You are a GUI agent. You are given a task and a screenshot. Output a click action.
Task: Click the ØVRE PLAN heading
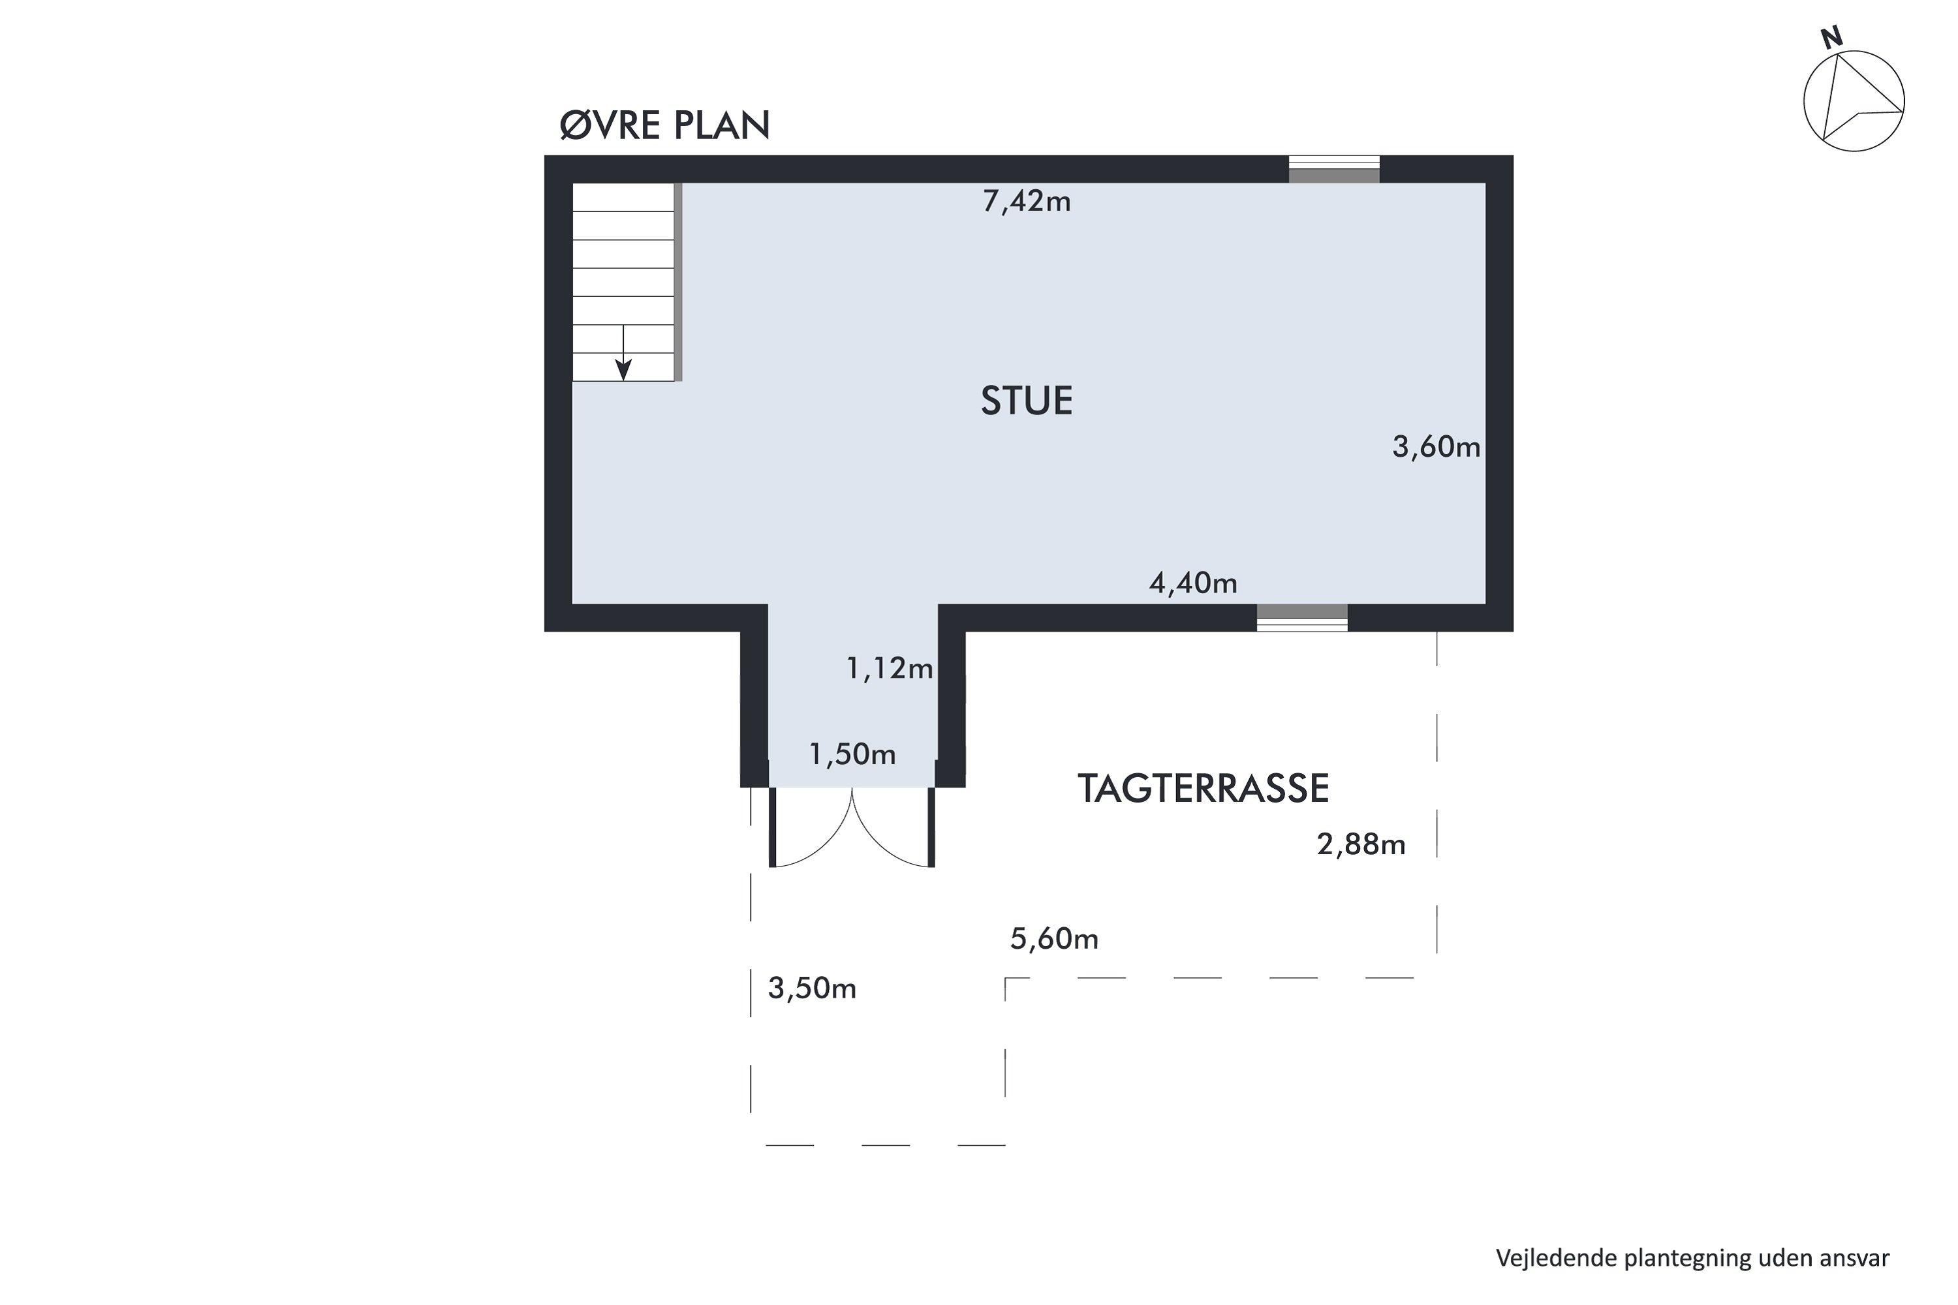[x=664, y=126]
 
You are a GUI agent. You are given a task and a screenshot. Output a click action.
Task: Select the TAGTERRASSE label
[x=1203, y=789]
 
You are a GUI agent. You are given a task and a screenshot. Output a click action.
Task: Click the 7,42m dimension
[x=1027, y=202]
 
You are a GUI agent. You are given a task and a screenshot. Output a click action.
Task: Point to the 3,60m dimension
[x=1436, y=448]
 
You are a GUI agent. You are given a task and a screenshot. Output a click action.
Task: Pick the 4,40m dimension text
[x=1193, y=583]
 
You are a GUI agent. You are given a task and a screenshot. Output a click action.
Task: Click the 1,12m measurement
[x=889, y=668]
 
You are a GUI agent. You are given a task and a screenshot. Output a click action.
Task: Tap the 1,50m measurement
[x=852, y=754]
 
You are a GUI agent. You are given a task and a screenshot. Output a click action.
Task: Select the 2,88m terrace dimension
[x=1361, y=845]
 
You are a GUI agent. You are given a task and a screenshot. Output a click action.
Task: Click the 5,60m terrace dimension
[x=1054, y=939]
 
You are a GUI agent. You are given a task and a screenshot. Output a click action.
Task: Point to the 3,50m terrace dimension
[x=812, y=988]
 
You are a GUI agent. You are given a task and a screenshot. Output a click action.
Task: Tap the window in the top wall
[x=1333, y=169]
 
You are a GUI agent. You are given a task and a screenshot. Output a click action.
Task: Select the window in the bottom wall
[x=1301, y=617]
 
